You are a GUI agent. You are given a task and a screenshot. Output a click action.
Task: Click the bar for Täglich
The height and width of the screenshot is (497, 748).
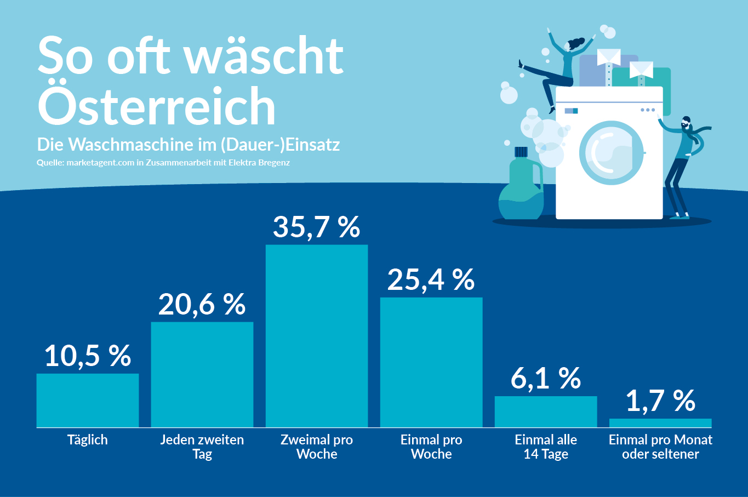[88, 400]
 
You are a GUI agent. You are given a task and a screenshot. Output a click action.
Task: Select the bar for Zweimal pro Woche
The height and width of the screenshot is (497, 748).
[317, 336]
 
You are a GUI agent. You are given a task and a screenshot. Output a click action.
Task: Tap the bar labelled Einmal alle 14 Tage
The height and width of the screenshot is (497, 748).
[546, 412]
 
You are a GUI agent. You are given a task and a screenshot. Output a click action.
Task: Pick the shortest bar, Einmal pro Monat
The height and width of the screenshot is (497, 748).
[660, 422]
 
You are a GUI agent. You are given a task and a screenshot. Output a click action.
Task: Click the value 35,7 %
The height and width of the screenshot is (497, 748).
[317, 227]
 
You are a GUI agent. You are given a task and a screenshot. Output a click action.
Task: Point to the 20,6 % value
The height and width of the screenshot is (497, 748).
[202, 304]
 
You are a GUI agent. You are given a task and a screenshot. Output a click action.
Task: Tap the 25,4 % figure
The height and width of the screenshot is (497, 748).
[431, 279]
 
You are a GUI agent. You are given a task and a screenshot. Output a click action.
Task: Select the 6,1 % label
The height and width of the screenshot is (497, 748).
[546, 379]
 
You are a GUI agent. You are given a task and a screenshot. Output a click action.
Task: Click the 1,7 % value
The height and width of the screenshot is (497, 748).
[660, 401]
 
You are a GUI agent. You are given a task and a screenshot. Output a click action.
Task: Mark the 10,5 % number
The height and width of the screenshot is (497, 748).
[88, 356]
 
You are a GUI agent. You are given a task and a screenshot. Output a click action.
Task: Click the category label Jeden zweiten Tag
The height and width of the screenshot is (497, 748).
[202, 447]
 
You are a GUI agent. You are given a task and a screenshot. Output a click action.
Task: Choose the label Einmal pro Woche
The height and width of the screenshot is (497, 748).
[431, 447]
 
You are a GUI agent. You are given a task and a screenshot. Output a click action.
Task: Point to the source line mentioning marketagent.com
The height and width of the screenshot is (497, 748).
[163, 163]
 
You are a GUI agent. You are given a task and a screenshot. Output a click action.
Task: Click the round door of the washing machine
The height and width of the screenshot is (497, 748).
[611, 152]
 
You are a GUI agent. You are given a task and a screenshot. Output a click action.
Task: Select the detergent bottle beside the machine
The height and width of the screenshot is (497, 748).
[521, 186]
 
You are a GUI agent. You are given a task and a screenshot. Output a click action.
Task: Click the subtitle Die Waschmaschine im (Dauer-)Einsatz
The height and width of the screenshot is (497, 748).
[189, 144]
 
